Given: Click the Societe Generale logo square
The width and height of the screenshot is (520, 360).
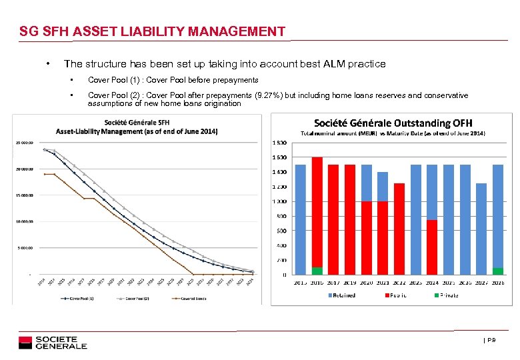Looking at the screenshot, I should coord(25,343).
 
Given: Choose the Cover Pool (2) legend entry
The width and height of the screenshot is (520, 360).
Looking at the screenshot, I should coord(137,298).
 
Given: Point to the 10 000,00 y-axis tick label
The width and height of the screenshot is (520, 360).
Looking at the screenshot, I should coord(23,221).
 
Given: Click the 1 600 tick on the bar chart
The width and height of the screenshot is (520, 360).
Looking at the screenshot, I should coord(279,157).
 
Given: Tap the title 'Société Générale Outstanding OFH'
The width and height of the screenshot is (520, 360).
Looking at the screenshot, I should coord(399,123).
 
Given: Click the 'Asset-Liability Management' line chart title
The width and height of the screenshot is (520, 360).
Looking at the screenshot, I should coord(137,130).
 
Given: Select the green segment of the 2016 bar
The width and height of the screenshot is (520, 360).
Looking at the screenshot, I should coord(317,271).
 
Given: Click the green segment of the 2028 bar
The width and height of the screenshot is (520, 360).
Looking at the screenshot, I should coord(498,271).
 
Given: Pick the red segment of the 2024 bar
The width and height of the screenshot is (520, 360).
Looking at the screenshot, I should coord(432,247).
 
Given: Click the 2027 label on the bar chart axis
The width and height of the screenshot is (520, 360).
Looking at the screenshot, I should coord(481,283).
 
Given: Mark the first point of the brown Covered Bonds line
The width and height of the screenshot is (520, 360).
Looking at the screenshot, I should coord(45,174).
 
